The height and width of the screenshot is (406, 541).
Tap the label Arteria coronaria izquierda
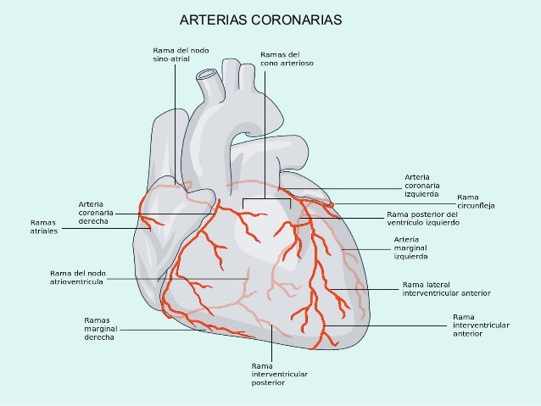pyautogui.click(x=421, y=186)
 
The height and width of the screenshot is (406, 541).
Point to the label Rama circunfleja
pyautogui.click(x=476, y=201)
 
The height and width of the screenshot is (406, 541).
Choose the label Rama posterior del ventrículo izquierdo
pyautogui.click(x=422, y=219)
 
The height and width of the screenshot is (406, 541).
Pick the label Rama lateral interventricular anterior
pyautogui.click(x=447, y=288)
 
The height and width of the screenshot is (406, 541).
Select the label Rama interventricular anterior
pyautogui.click(x=481, y=325)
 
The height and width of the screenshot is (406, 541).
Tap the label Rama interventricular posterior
pyautogui.click(x=279, y=374)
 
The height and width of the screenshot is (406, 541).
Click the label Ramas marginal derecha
pyautogui.click(x=101, y=328)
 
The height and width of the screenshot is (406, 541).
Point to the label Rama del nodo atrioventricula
pyautogui.click(x=77, y=276)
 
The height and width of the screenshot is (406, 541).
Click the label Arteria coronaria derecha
pyautogui.click(x=97, y=211)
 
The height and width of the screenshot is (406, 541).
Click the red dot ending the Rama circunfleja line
pyautogui.click(x=332, y=204)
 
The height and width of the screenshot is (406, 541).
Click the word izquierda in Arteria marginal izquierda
pyautogui.click(x=410, y=255)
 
